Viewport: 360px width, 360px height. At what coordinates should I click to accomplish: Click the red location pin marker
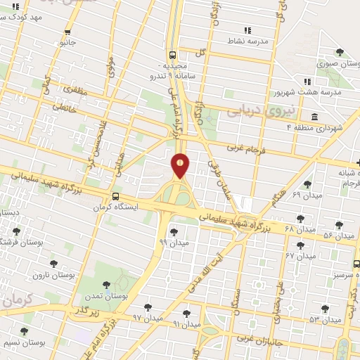coord(181,165)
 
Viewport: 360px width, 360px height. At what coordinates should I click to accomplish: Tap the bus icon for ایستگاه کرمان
coord(115,197)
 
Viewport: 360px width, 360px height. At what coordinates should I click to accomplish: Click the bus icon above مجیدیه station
coord(172,54)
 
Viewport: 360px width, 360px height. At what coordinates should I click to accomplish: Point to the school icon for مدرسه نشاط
coord(247,30)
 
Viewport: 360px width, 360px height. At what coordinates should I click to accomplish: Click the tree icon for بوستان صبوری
coord(340,53)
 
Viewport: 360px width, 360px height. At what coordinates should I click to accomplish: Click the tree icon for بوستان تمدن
coord(106,285)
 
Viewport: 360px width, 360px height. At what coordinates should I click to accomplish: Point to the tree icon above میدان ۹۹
coord(174,232)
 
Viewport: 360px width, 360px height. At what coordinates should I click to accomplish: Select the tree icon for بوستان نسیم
coord(25,331)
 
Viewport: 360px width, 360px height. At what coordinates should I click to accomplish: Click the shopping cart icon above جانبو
coord(67,32)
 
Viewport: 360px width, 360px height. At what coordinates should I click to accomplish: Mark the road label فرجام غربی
coord(245,148)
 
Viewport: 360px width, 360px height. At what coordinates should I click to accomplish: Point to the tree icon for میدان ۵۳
coord(325,309)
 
